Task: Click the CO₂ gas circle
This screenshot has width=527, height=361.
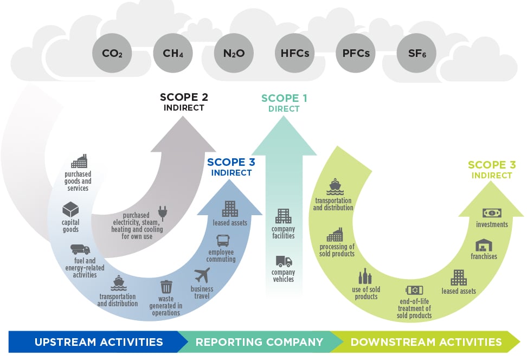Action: click(x=112, y=53)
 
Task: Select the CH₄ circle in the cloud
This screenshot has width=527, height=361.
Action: click(x=173, y=53)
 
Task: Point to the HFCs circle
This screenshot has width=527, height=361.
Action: click(x=295, y=53)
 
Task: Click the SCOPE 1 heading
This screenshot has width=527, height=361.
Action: click(x=284, y=98)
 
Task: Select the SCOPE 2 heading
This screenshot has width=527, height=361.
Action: click(x=184, y=98)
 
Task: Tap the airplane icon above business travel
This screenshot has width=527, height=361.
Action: click(x=202, y=275)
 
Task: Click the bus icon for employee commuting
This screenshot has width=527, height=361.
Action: click(x=222, y=240)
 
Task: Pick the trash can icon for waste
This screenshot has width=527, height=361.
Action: click(x=166, y=287)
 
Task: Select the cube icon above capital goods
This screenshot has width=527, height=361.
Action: click(x=70, y=209)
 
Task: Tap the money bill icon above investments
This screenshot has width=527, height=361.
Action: click(x=492, y=213)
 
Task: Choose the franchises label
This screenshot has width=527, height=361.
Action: click(x=484, y=256)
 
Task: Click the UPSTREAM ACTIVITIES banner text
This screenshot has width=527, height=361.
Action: click(x=99, y=342)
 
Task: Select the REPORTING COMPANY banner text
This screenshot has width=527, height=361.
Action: click(x=259, y=342)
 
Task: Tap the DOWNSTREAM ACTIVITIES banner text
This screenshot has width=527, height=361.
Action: click(x=426, y=342)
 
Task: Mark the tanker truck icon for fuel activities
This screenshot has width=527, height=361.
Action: click(x=80, y=249)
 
